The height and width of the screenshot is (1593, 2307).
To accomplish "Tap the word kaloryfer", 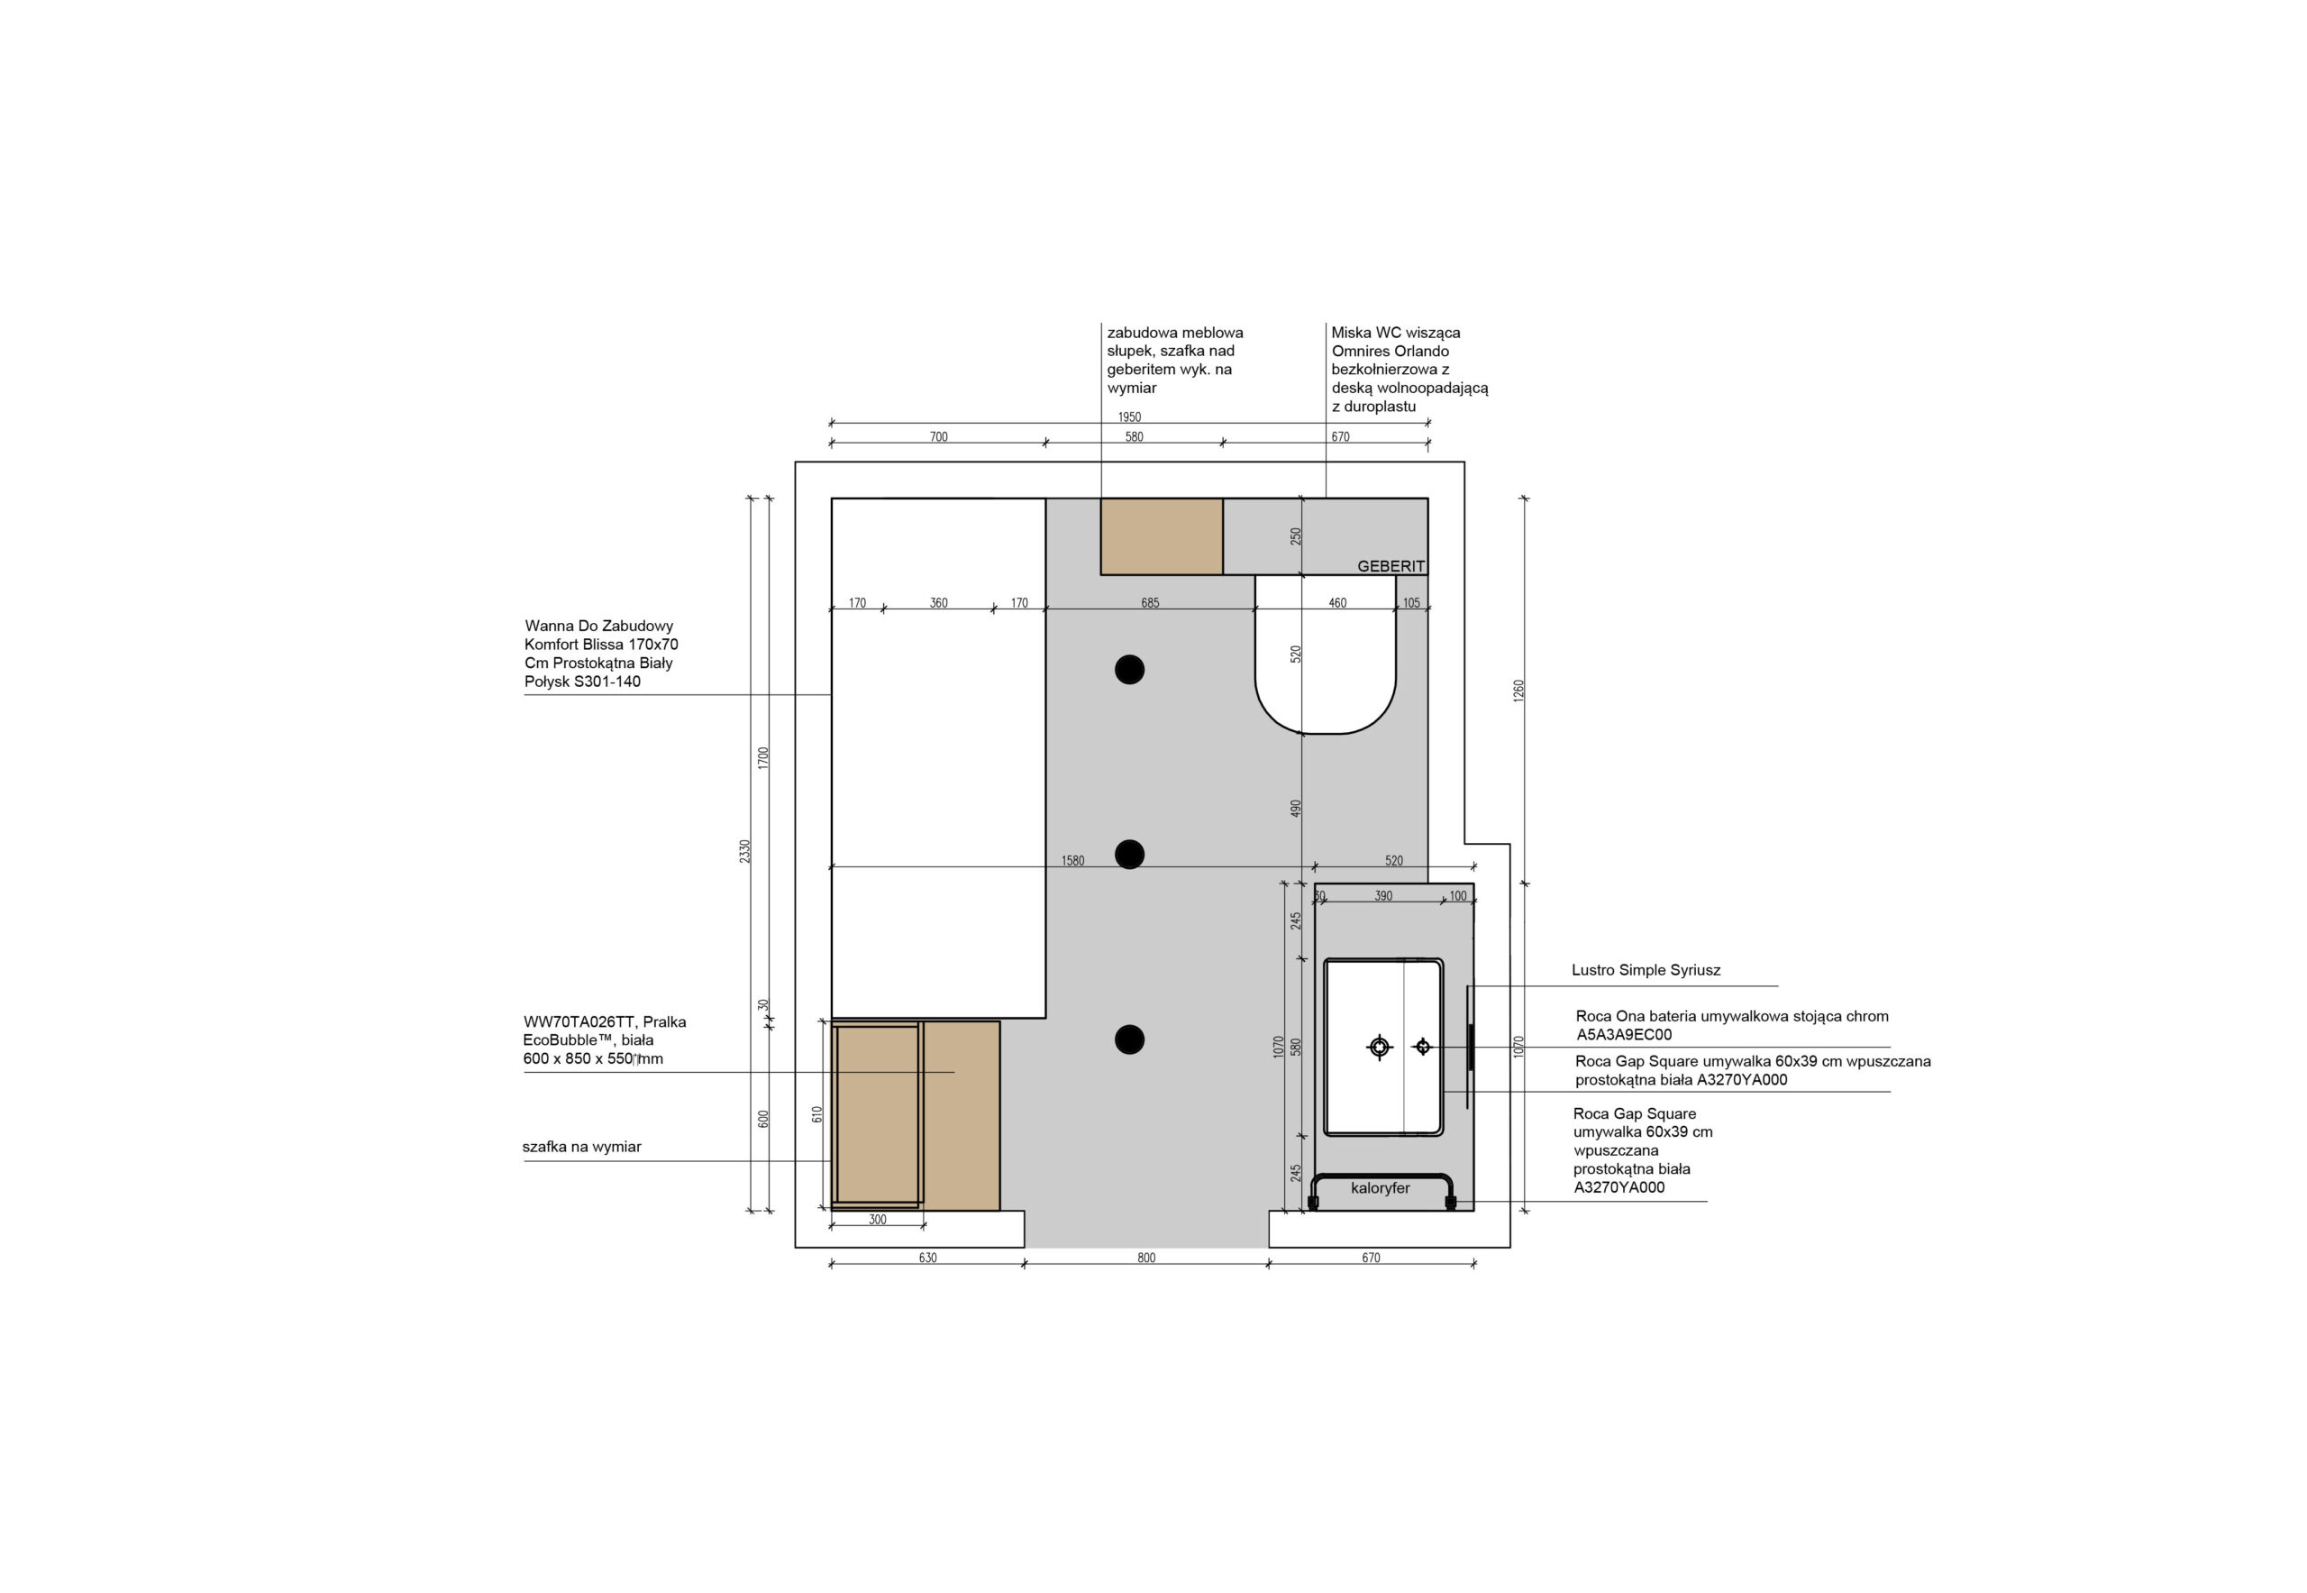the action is pyautogui.click(x=1380, y=1188).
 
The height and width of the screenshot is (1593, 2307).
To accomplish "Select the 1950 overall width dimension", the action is pyautogui.click(x=1128, y=417).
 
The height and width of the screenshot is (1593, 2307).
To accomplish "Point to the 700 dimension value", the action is pyautogui.click(x=938, y=436).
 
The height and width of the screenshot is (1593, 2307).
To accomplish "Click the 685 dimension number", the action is pyautogui.click(x=1150, y=603).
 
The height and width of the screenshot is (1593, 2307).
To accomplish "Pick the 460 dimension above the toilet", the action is pyautogui.click(x=1337, y=603).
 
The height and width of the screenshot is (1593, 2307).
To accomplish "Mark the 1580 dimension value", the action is pyautogui.click(x=1072, y=860).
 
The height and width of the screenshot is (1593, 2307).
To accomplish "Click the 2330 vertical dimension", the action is pyautogui.click(x=744, y=851).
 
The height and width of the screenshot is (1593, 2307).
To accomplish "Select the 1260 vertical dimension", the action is pyautogui.click(x=1518, y=691).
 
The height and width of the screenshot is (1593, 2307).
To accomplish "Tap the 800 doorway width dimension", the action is pyautogui.click(x=1145, y=1258).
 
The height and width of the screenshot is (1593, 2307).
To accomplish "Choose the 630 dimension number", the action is pyautogui.click(x=927, y=1258).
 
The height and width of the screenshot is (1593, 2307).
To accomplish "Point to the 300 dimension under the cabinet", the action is pyautogui.click(x=877, y=1220).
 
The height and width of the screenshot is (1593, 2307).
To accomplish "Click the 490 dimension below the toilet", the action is pyautogui.click(x=1295, y=809).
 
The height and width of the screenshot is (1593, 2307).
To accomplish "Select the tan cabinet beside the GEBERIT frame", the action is pyautogui.click(x=1162, y=536).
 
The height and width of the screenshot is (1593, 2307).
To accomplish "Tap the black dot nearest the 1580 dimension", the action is pyautogui.click(x=1129, y=855).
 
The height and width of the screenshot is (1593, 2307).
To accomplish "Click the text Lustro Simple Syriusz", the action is pyautogui.click(x=1646, y=969).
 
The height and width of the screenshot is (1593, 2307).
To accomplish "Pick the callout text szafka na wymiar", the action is pyautogui.click(x=582, y=1147).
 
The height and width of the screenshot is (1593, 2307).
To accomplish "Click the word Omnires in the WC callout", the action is pyautogui.click(x=1360, y=352).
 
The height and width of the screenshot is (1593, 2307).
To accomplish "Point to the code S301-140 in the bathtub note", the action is pyautogui.click(x=606, y=682).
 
